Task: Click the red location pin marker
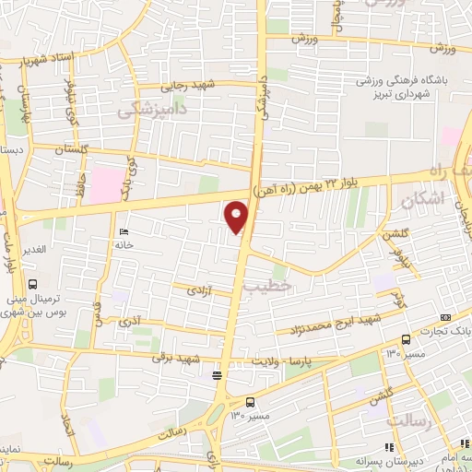point(238,218)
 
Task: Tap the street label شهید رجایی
point(187,86)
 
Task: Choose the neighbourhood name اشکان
point(424,199)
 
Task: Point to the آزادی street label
point(198,289)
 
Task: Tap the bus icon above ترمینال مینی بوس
point(33,285)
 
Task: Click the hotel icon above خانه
point(124,231)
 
